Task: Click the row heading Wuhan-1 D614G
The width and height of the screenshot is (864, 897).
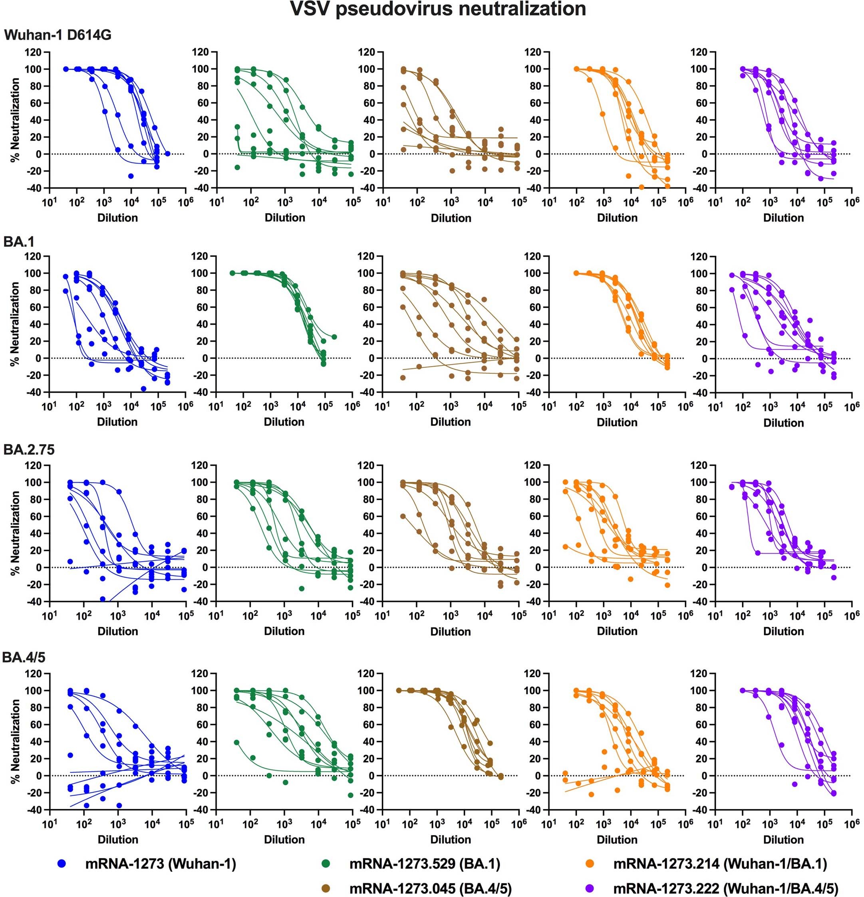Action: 58,35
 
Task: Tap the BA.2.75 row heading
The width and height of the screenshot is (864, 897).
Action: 29,450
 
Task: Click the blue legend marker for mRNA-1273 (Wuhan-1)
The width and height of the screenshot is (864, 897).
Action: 62,864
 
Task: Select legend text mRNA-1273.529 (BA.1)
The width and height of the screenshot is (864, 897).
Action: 425,864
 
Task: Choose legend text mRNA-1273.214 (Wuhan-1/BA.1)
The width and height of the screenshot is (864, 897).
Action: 720,864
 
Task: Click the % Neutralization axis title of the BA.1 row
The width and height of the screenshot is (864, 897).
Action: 15,324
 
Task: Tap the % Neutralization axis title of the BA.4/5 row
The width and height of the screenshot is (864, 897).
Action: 15,741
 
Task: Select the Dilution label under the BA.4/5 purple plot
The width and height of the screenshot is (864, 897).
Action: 783,840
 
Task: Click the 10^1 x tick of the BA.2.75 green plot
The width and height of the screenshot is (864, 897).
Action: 216,615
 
